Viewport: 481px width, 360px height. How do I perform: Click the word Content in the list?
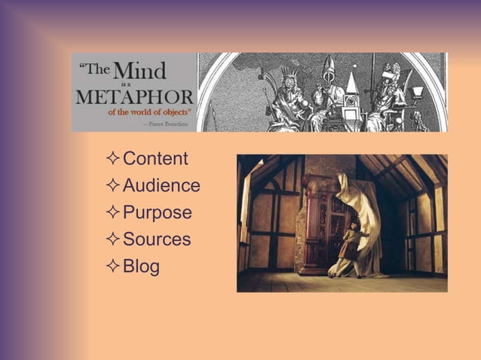click(x=155, y=159)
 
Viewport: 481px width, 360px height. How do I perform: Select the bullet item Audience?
click(x=161, y=186)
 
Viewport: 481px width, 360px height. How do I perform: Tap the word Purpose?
click(x=157, y=213)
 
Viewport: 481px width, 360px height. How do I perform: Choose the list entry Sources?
click(x=157, y=240)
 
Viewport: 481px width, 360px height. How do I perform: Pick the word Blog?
click(x=141, y=267)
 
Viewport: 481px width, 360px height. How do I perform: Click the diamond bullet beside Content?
click(x=113, y=159)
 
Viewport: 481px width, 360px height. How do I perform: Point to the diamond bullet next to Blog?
click(x=113, y=267)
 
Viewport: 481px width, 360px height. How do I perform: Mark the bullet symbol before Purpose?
click(x=113, y=213)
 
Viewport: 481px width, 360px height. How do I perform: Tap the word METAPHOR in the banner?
click(x=135, y=98)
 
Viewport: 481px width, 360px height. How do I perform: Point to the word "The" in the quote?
click(x=94, y=70)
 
